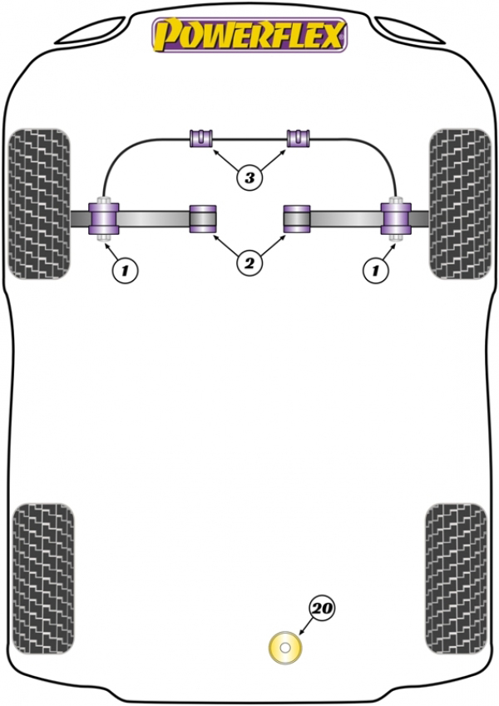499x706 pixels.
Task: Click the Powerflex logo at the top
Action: tap(249, 35)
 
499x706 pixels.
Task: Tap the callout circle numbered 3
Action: tap(249, 177)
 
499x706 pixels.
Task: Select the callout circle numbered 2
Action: tap(249, 262)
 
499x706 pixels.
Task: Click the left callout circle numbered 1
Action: tap(125, 271)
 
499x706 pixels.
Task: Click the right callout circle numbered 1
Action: tap(375, 271)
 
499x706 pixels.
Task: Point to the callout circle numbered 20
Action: tap(322, 609)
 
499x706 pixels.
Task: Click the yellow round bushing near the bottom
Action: tap(284, 648)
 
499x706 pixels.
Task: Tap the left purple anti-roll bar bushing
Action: tap(200, 137)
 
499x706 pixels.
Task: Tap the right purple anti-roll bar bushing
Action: tap(299, 137)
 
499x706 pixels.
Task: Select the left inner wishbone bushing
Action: tap(202, 219)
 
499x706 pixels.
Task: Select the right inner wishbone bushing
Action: tap(297, 219)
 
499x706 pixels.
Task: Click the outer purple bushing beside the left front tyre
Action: tap(104, 219)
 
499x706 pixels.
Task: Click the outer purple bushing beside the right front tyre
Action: tap(396, 219)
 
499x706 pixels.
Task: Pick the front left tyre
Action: tap(40, 204)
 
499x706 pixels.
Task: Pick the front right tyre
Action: tap(460, 204)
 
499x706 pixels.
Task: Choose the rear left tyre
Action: tap(43, 579)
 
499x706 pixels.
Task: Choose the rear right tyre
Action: tap(456, 579)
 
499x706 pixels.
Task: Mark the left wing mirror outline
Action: tap(90, 31)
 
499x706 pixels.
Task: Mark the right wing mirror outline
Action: tap(409, 31)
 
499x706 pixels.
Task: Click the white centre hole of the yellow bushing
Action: tap(284, 648)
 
